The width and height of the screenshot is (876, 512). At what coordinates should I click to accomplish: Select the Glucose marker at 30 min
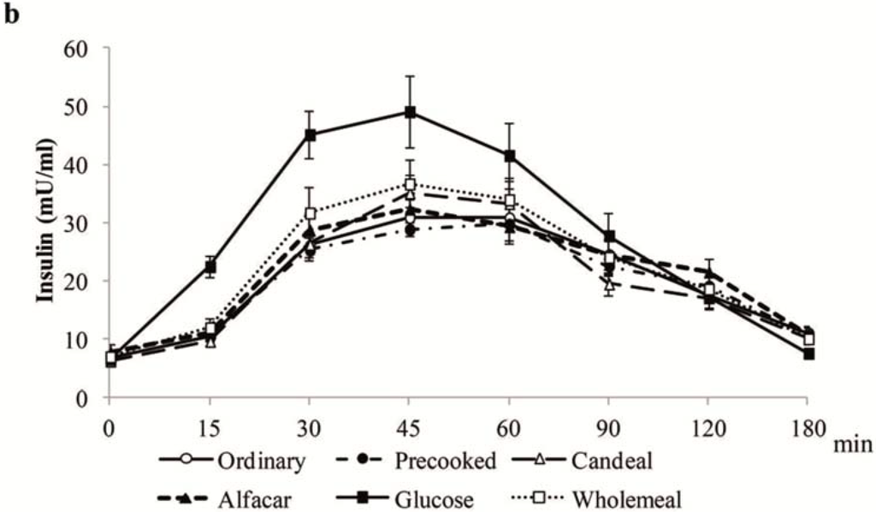[x=310, y=134]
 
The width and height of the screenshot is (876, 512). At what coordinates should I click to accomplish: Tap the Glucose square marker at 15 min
[x=210, y=266]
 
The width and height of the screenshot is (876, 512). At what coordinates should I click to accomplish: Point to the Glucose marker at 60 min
[x=510, y=156]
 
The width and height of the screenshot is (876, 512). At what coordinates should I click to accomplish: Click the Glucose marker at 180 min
[x=808, y=354]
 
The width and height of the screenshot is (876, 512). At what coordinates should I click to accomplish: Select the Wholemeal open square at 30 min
[x=310, y=213]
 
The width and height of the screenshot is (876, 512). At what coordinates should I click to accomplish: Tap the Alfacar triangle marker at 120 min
[x=708, y=272]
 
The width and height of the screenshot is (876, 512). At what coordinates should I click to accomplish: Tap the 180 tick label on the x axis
[x=807, y=426]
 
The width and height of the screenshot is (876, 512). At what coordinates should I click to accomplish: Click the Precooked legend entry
[x=445, y=461]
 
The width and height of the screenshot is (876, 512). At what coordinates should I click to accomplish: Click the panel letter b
[x=12, y=16]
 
